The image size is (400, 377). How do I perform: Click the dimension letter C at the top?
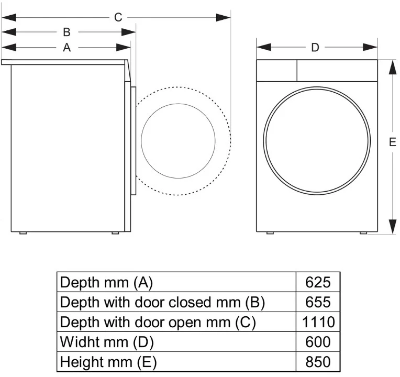[x=118, y=17]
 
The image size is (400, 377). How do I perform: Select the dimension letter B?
[x=66, y=32]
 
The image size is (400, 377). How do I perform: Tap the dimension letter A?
[x=66, y=48]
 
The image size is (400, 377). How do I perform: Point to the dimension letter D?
[x=315, y=48]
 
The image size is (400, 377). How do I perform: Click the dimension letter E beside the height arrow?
[x=393, y=142]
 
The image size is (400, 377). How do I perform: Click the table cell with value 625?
[x=318, y=282]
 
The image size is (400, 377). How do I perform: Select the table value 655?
[x=318, y=302]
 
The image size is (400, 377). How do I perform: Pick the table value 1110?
[x=318, y=322]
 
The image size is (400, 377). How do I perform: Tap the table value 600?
[x=318, y=342]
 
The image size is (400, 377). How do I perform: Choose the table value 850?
[x=318, y=362]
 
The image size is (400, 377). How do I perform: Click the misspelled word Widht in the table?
[x=81, y=342]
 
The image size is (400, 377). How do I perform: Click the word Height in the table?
[x=83, y=362]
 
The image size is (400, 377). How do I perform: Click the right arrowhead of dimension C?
[x=223, y=18]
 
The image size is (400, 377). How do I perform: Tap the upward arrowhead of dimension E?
[x=393, y=68]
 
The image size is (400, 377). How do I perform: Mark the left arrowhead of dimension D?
[x=264, y=47]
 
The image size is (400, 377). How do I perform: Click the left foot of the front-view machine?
[x=270, y=233]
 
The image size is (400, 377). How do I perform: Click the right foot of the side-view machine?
[x=115, y=233]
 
